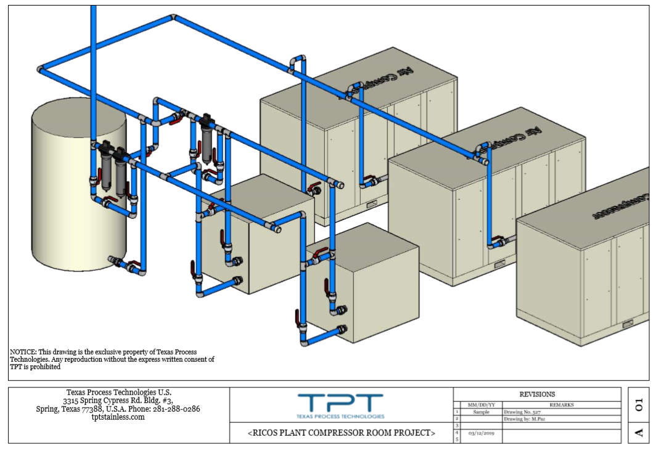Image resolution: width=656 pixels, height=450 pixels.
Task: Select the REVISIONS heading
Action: tap(537, 394)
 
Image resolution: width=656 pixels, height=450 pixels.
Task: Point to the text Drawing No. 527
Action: tap(523, 412)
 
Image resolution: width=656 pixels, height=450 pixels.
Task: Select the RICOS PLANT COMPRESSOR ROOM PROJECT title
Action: tap(341, 433)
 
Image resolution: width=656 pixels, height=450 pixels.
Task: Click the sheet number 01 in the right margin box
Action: tap(638, 404)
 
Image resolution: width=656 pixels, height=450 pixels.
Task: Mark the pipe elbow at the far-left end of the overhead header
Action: tap(41, 69)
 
